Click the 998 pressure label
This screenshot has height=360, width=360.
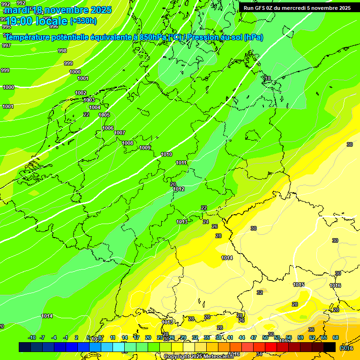pos(62,51)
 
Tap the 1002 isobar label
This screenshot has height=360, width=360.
pos(81,93)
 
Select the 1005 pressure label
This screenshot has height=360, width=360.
pos(104,115)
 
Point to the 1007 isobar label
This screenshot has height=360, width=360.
pos(120,133)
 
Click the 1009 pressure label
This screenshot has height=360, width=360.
pos(145,148)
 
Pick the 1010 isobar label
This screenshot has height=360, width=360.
pos(166,154)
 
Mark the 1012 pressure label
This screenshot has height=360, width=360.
pos(179,189)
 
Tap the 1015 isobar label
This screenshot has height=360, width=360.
pos(299,285)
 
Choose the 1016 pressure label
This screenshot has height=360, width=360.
pos(335,285)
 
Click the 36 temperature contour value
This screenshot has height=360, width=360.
pos(311,330)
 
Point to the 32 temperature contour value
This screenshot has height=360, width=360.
pos(260,292)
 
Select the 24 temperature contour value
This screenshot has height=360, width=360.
pos(206,222)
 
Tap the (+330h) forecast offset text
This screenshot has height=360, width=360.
pos(83,21)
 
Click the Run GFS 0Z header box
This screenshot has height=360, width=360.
pos(297,8)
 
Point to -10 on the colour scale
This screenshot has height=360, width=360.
pos(32,337)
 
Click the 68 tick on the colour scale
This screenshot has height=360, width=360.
pos(336,337)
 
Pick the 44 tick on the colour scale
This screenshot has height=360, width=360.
pos(242,337)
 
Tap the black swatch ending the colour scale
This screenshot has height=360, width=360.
pos(330,347)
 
